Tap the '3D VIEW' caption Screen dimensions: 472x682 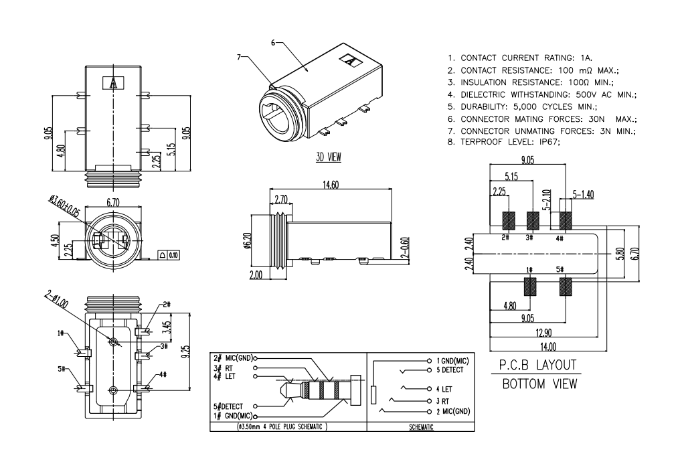tap(328, 157)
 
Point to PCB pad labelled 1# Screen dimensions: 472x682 tap(531, 287)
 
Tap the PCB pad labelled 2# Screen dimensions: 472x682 tap(508, 220)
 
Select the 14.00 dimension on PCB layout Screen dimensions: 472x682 tap(548, 346)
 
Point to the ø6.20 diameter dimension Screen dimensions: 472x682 tap(247, 239)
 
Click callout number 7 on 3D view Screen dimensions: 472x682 tap(240, 57)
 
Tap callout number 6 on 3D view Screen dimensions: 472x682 tap(273, 43)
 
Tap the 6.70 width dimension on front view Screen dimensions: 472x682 tap(112, 202)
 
